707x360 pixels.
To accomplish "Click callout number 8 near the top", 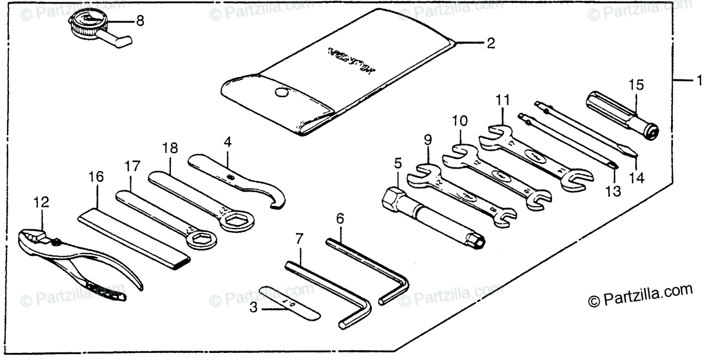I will pyautogui.click(x=140, y=21).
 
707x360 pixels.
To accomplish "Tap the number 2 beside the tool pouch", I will pyautogui.click(x=490, y=42).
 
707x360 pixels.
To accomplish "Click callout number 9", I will pyautogui.click(x=428, y=140).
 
